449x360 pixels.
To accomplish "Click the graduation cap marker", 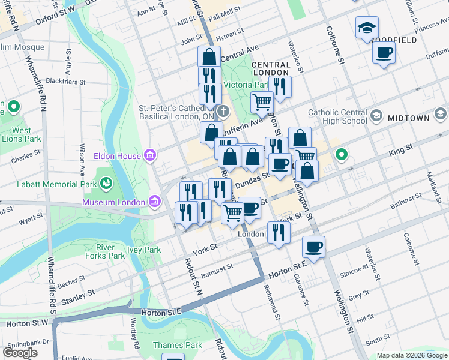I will [367, 28].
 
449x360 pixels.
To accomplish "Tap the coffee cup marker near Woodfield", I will [384, 53].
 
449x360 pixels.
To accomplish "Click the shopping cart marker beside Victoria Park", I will [262, 103].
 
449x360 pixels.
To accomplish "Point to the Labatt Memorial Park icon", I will [107, 182].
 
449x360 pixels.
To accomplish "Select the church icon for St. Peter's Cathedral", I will [223, 111].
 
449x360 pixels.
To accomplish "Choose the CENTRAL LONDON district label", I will [271, 68].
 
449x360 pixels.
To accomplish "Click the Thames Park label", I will [177, 345].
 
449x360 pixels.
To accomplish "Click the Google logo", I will [20, 353].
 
